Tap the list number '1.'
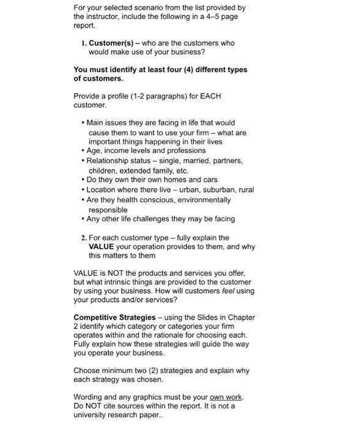click(84, 43)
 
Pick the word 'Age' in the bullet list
click(95, 150)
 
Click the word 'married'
click(192, 161)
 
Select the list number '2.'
click(84, 238)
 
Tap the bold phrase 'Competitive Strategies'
click(114, 317)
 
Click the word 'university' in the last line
click(90, 415)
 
